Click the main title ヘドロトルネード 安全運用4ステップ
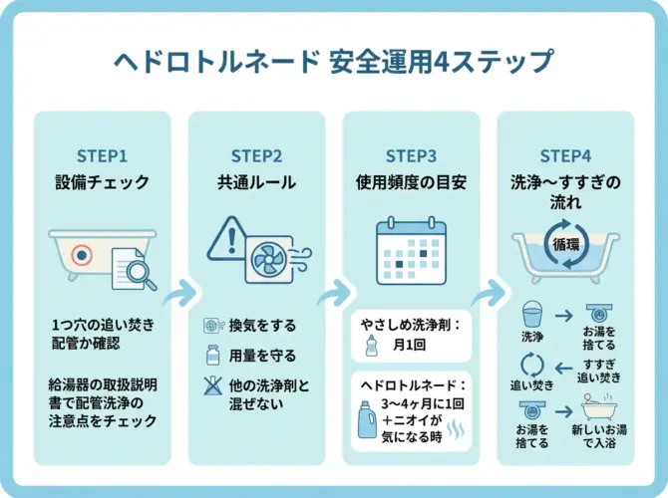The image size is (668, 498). (x=333, y=62)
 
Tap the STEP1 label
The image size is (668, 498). (x=103, y=155)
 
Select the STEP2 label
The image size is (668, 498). (x=256, y=155)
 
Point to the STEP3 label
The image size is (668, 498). (x=411, y=155)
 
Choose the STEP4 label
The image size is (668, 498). (x=565, y=155)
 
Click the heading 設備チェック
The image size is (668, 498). (x=103, y=182)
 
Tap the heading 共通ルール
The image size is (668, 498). (x=256, y=182)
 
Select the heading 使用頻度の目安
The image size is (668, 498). (x=411, y=182)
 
